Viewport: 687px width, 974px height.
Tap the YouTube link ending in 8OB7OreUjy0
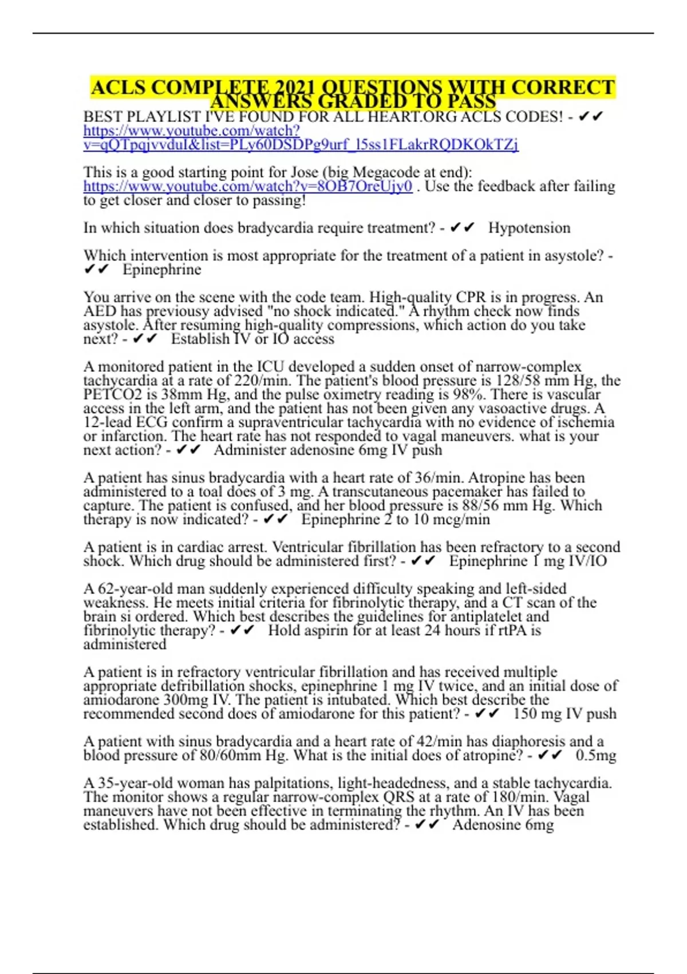[247, 186]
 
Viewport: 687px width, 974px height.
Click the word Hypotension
[529, 228]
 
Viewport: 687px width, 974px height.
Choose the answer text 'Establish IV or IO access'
[252, 339]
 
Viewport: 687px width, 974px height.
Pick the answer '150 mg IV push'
[564, 714]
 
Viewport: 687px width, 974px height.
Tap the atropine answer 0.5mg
[596, 755]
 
